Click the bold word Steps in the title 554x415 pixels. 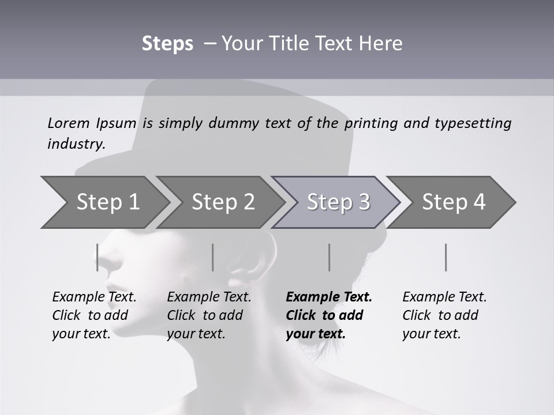point(167,44)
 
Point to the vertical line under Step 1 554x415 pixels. point(98,257)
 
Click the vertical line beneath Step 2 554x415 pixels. point(213,257)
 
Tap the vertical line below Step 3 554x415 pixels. point(329,257)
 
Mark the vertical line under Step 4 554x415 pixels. point(446,257)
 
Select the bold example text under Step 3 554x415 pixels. point(328,315)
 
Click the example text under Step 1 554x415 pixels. point(94,315)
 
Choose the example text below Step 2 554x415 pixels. point(209,315)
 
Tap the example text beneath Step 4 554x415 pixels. point(444,315)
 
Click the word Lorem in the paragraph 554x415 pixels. point(69,123)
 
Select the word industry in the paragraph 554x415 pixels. point(76,144)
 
